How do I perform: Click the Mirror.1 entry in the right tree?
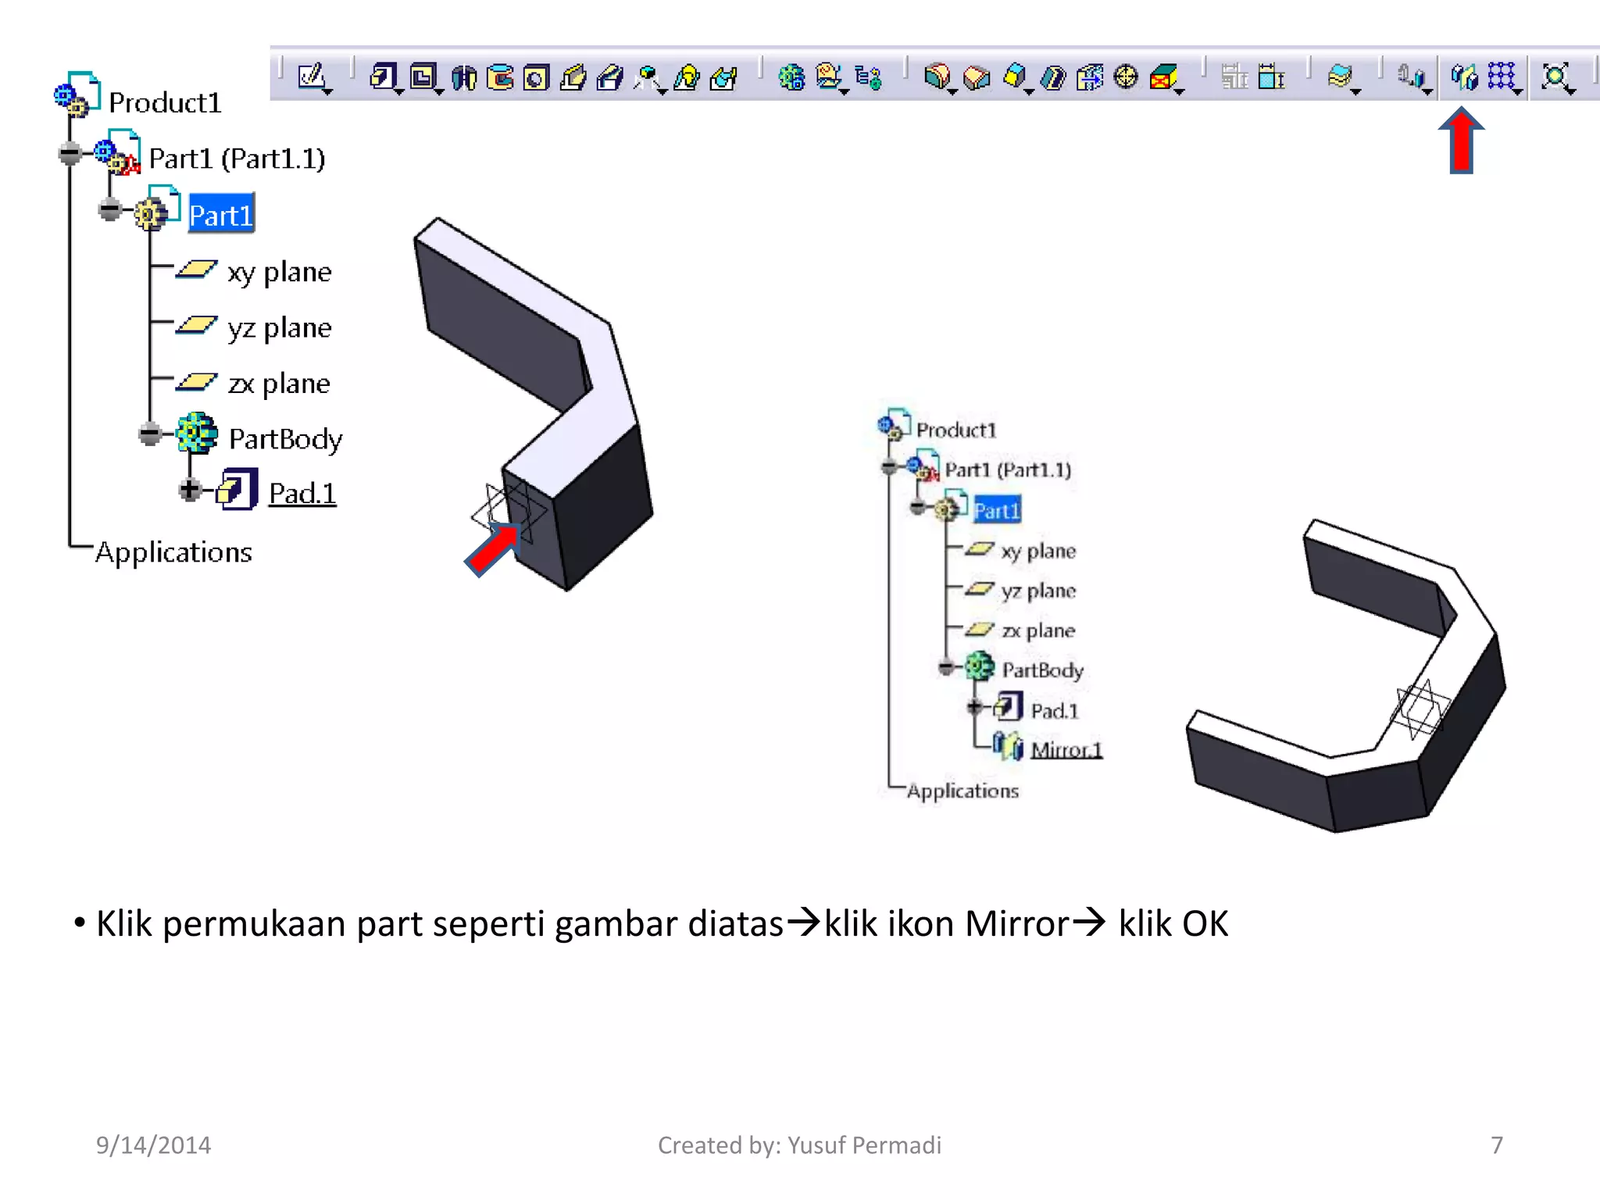point(1066,750)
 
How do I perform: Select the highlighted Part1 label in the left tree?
point(221,215)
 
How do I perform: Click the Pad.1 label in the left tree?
point(302,493)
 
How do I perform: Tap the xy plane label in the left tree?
point(279,272)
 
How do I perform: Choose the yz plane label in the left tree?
point(279,328)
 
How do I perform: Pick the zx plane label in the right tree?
point(1037,630)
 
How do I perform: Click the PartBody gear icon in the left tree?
point(196,434)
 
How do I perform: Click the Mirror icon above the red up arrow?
point(1464,77)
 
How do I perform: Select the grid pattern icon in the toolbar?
point(1502,77)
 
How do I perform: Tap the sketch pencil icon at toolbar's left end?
point(312,77)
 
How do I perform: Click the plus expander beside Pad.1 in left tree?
point(189,489)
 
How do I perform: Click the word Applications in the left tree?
point(173,552)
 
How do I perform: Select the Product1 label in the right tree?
point(956,430)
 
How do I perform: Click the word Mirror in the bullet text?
point(1016,923)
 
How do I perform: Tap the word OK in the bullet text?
point(1205,923)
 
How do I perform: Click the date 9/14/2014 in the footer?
point(153,1145)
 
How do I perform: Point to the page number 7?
point(1496,1145)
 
